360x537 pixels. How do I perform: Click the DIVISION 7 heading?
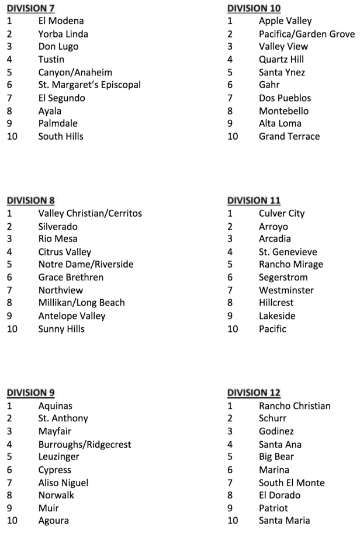31,8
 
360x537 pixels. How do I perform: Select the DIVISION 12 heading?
254,393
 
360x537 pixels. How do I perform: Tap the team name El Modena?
61,21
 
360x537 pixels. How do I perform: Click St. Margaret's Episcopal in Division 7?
89,85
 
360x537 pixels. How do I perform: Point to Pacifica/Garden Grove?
306,34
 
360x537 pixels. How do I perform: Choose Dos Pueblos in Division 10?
285,98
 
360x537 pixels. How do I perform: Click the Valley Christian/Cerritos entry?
90,213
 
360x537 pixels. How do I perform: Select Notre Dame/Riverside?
85,265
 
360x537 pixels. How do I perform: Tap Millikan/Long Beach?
81,303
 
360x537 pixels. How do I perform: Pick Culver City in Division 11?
282,213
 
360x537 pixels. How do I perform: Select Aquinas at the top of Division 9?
56,406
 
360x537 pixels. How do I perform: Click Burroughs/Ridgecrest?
85,444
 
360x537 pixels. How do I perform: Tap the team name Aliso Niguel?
63,483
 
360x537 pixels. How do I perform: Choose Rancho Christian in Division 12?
295,406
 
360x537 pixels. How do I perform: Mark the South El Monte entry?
292,483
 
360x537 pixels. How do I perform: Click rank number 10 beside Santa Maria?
233,521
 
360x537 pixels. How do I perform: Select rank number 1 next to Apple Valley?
230,21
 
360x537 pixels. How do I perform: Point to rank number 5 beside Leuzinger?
9,457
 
